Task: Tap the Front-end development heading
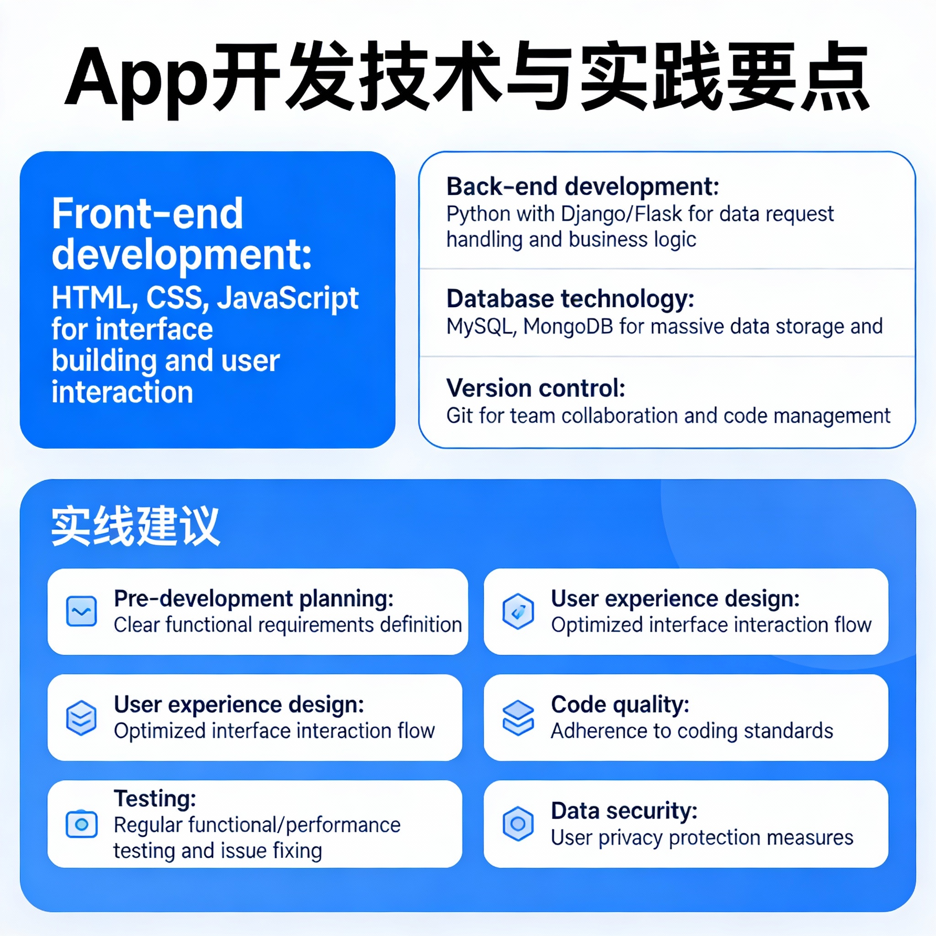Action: pyautogui.click(x=182, y=234)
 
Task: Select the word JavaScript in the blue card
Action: pyautogui.click(x=288, y=298)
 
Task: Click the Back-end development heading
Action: pyautogui.click(x=583, y=186)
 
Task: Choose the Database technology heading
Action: pyautogui.click(x=570, y=298)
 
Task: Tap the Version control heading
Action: pyautogui.click(x=536, y=388)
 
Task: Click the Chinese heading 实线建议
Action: pyautogui.click(x=136, y=526)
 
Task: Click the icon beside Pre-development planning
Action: pyautogui.click(x=81, y=611)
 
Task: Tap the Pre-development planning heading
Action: pyautogui.click(x=254, y=599)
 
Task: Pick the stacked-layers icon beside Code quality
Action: pyautogui.click(x=518, y=718)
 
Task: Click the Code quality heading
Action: pyautogui.click(x=620, y=705)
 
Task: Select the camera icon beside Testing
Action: pyautogui.click(x=81, y=824)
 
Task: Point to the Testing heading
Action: pyautogui.click(x=155, y=798)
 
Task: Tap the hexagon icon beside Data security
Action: pyautogui.click(x=518, y=824)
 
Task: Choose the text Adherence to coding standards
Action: pyautogui.click(x=692, y=731)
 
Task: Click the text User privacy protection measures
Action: pyautogui.click(x=702, y=837)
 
